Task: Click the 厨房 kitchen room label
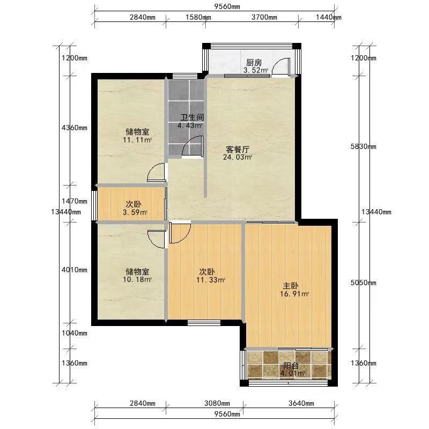(x=254, y=62)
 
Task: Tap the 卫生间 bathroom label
(x=192, y=117)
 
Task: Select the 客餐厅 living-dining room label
(x=238, y=150)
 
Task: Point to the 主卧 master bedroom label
(x=291, y=286)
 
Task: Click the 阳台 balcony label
(x=291, y=366)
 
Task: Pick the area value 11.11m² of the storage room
(x=137, y=140)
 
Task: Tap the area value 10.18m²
(x=137, y=279)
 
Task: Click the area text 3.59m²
(x=135, y=212)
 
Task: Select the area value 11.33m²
(x=211, y=280)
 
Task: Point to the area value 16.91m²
(x=294, y=294)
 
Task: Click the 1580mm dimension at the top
(x=198, y=17)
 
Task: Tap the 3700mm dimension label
(x=264, y=17)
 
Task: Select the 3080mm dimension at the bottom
(x=217, y=403)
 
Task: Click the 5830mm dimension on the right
(x=364, y=146)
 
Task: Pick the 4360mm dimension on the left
(x=75, y=128)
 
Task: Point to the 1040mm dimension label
(x=75, y=333)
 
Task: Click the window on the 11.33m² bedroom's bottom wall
(x=204, y=323)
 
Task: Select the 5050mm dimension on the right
(x=364, y=283)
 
